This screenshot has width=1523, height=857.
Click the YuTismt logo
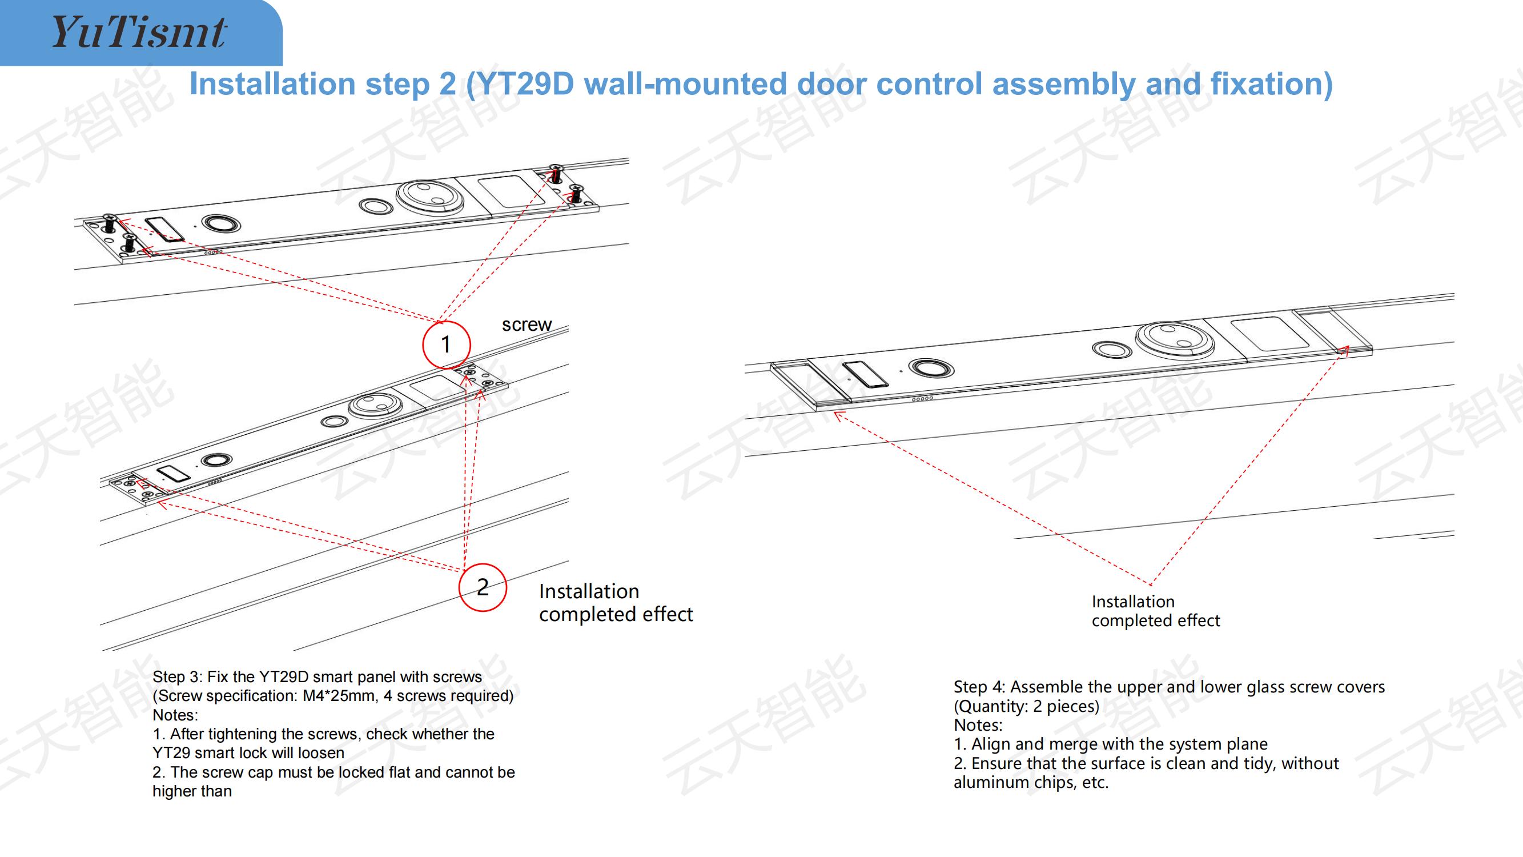139,32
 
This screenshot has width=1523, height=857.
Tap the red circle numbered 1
447,344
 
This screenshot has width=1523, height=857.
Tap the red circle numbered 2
483,587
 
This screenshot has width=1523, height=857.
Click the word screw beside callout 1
526,325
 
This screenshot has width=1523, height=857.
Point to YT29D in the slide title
525,84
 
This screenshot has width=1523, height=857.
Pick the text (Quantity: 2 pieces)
1026,706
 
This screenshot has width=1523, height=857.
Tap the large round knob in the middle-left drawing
375,405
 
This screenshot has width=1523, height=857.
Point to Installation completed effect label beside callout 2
616,603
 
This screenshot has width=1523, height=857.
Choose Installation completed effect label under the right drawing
1155,611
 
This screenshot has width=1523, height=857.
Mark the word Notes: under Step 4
978,725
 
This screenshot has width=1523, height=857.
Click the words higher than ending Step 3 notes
192,791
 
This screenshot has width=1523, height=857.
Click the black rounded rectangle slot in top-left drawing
164,230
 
